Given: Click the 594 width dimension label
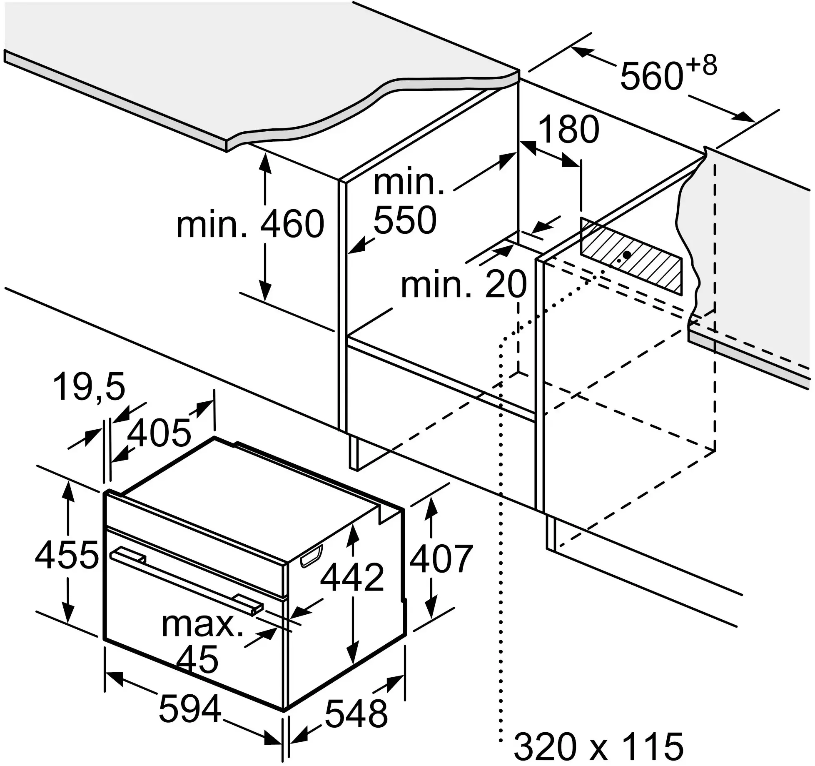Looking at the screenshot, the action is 189,708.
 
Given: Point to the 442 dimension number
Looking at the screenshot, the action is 353,577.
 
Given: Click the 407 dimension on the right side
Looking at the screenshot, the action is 441,558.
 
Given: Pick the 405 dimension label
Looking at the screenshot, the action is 159,433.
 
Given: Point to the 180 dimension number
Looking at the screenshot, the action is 568,130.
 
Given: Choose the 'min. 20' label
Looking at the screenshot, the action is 464,284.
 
